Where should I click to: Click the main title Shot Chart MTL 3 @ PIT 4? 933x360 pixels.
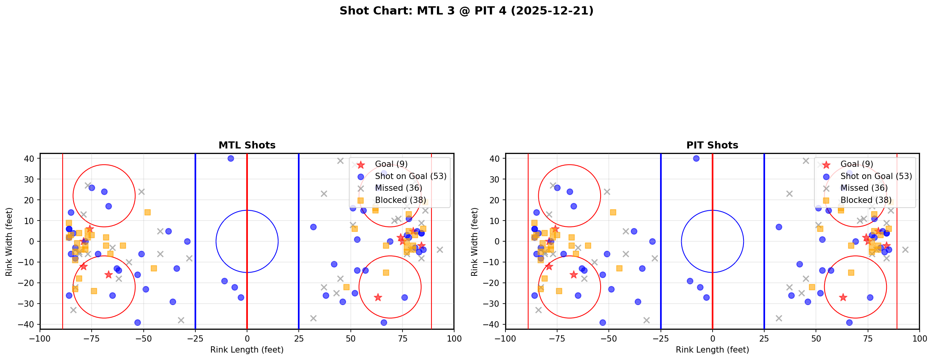[466, 11]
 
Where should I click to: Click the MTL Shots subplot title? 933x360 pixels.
[247, 145]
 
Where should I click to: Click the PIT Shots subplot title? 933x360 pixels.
[712, 145]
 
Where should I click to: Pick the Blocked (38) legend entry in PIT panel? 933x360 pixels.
[866, 200]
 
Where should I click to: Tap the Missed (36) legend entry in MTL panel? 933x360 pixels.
[398, 188]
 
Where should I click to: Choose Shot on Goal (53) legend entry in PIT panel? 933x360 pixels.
[876, 176]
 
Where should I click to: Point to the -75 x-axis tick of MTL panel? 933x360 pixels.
[92, 338]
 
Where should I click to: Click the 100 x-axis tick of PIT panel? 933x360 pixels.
[919, 338]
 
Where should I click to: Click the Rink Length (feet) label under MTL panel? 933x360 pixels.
[247, 350]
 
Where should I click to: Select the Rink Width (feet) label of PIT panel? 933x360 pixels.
[475, 242]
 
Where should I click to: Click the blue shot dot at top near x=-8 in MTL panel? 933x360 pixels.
[231, 158]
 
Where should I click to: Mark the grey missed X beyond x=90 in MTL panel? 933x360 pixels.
[440, 250]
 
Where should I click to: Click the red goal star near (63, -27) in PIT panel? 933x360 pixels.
[843, 297]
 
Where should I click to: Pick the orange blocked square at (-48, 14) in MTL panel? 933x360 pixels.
[148, 212]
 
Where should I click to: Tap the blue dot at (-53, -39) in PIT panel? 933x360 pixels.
[603, 322]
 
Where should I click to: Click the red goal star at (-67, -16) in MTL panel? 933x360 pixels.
[108, 275]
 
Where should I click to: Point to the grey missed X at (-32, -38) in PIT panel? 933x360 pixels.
[646, 320]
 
